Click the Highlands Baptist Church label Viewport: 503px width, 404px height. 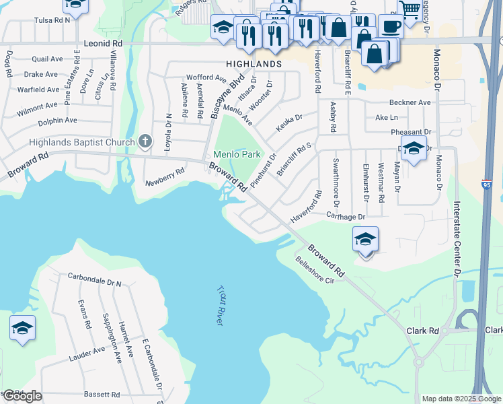(81, 142)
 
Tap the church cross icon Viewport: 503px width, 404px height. (144, 141)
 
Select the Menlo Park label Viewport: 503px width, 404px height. (237, 154)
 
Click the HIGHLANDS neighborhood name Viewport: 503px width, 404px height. (254, 63)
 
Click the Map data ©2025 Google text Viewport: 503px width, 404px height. (461, 399)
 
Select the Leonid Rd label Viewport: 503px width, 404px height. (103, 42)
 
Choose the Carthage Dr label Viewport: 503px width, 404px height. (345, 217)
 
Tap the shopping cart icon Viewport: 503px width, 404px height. (410, 9)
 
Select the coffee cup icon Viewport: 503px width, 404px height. (391, 26)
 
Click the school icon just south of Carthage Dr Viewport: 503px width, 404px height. (365, 240)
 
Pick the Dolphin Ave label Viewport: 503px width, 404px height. (57, 121)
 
